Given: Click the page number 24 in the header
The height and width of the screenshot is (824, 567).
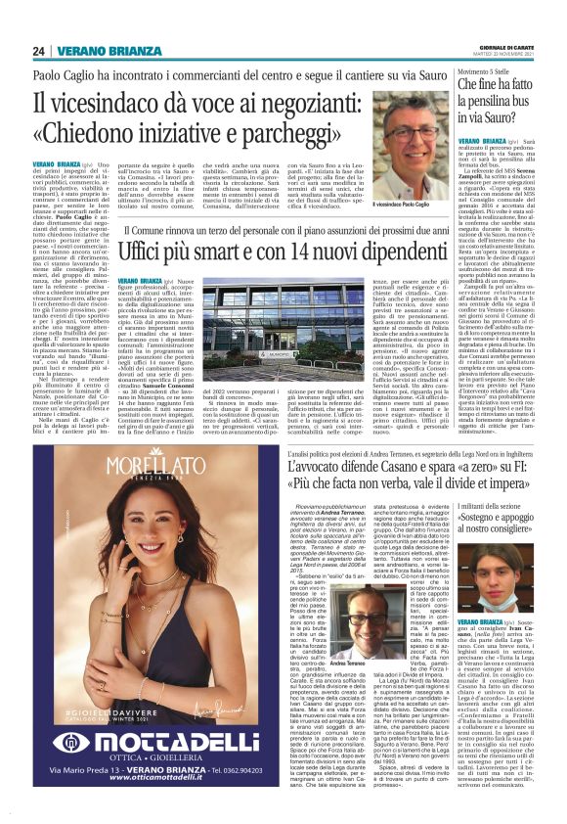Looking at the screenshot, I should (x=39, y=51).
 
